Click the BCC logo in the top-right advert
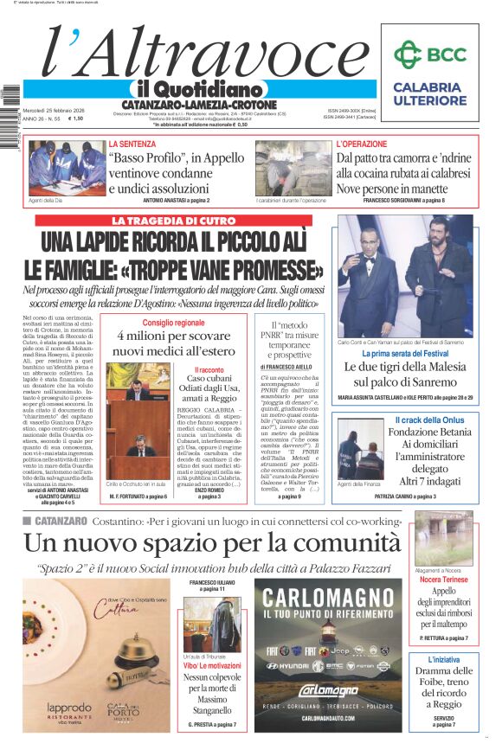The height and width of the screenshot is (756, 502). tap(429, 54)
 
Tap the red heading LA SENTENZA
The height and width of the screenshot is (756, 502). tap(132, 144)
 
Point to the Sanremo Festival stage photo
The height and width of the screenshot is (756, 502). tap(405, 276)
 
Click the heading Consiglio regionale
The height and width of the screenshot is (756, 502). tap(174, 323)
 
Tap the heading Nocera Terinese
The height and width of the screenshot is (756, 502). tap(443, 580)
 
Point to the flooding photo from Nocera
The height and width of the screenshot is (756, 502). tap(444, 537)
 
